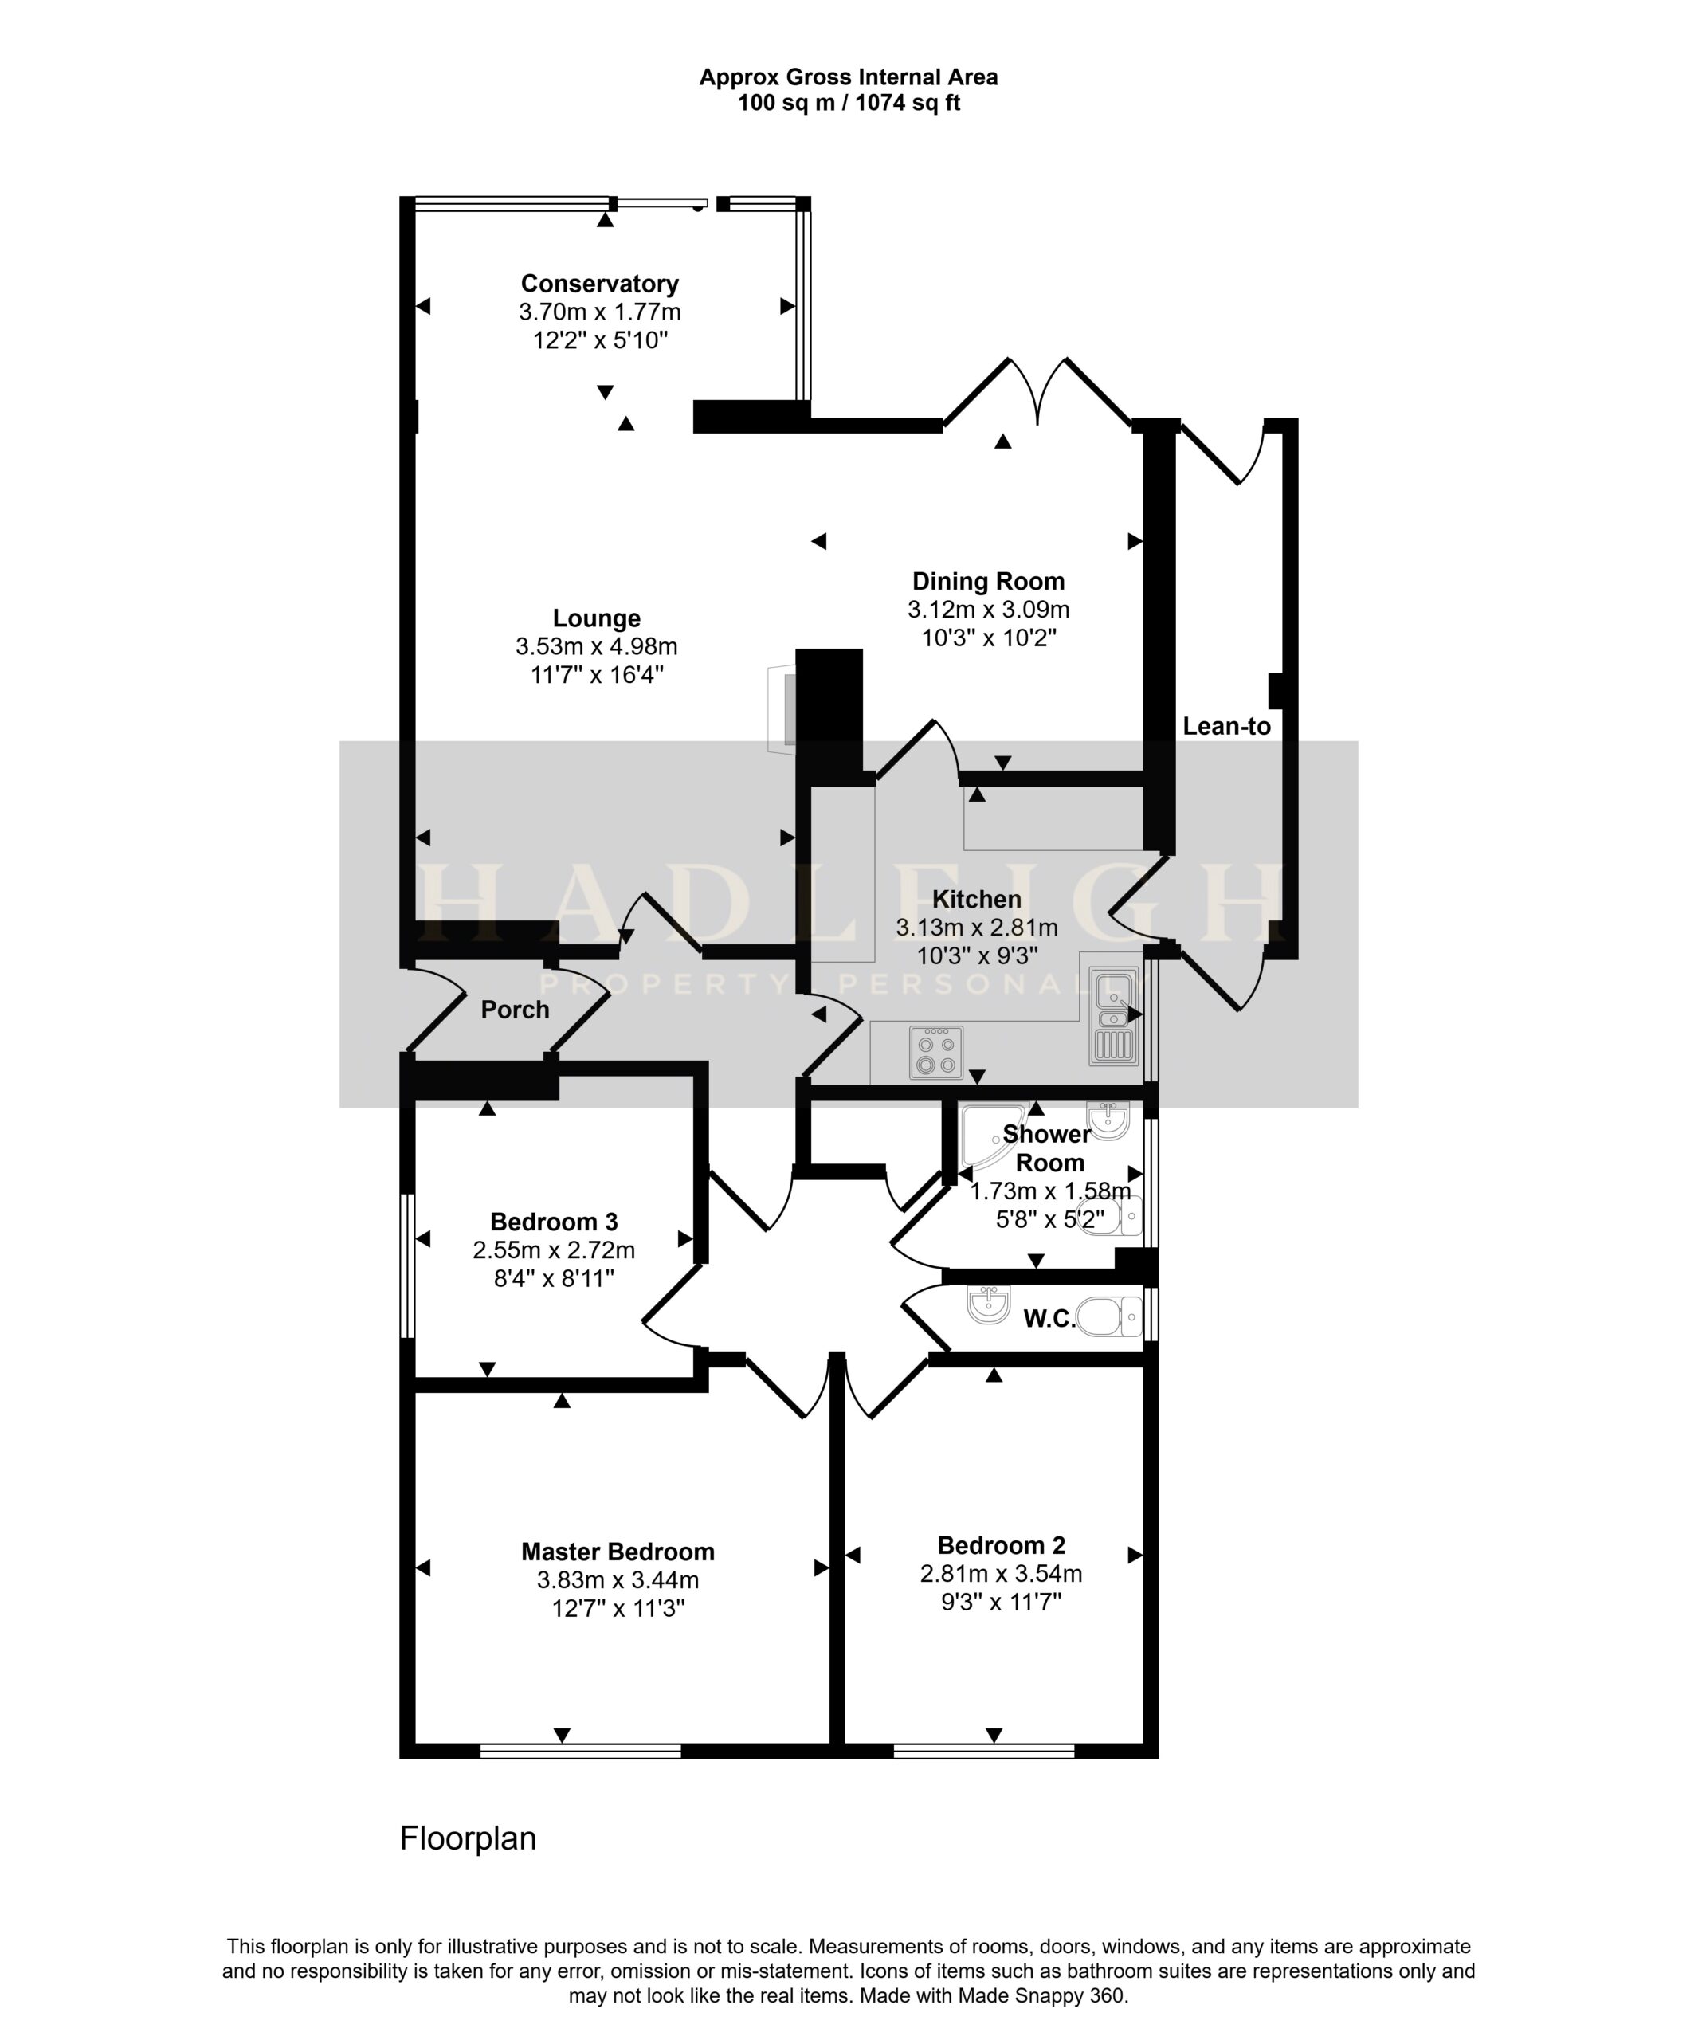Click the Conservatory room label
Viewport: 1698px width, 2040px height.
(599, 284)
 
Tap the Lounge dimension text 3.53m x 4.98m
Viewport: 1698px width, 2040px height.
(597, 646)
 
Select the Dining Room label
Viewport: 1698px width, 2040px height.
(988, 582)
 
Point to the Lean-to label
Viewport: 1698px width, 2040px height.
(1226, 726)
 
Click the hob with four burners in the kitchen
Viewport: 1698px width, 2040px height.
(936, 1052)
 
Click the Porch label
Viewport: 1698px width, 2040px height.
(515, 1010)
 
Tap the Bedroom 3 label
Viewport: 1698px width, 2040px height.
(554, 1222)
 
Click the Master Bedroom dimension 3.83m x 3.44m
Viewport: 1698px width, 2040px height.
(618, 1580)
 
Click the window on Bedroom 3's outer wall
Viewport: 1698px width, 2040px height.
(409, 1265)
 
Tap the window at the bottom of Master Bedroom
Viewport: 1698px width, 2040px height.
(580, 1751)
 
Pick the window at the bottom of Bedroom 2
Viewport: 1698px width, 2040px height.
(983, 1751)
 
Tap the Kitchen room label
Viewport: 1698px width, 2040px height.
(976, 900)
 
